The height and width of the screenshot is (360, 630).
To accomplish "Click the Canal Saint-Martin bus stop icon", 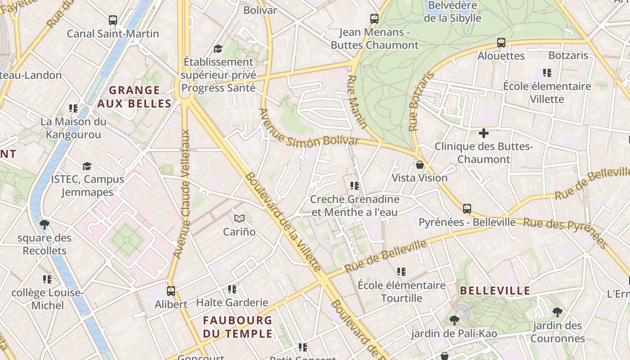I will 113,20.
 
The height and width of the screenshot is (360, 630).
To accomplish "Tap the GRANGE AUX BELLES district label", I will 135,97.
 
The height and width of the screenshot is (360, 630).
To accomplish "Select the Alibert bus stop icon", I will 171,291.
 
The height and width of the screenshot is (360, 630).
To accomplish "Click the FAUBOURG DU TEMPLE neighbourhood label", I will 238,327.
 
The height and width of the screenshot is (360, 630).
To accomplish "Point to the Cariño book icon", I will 239,219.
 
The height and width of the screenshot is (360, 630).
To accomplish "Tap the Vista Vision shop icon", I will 420,165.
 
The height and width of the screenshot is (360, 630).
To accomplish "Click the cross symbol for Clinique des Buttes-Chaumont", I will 484,133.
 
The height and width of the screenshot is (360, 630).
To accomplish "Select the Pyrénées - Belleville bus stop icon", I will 467,209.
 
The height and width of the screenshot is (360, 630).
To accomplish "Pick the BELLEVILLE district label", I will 495,291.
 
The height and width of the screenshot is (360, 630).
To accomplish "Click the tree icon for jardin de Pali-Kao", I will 454,320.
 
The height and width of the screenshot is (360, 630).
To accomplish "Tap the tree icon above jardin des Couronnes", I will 557,312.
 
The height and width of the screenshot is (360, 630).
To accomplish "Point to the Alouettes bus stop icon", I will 501,43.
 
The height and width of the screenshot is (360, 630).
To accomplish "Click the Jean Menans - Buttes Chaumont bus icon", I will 374,19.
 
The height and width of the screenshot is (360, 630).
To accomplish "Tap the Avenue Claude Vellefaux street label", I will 182,194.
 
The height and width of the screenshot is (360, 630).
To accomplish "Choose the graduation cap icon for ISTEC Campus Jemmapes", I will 87,166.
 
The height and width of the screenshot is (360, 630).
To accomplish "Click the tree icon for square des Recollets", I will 44,224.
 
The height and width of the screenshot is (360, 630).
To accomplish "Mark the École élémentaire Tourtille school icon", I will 401,272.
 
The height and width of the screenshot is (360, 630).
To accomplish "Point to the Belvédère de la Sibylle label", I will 453,12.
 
